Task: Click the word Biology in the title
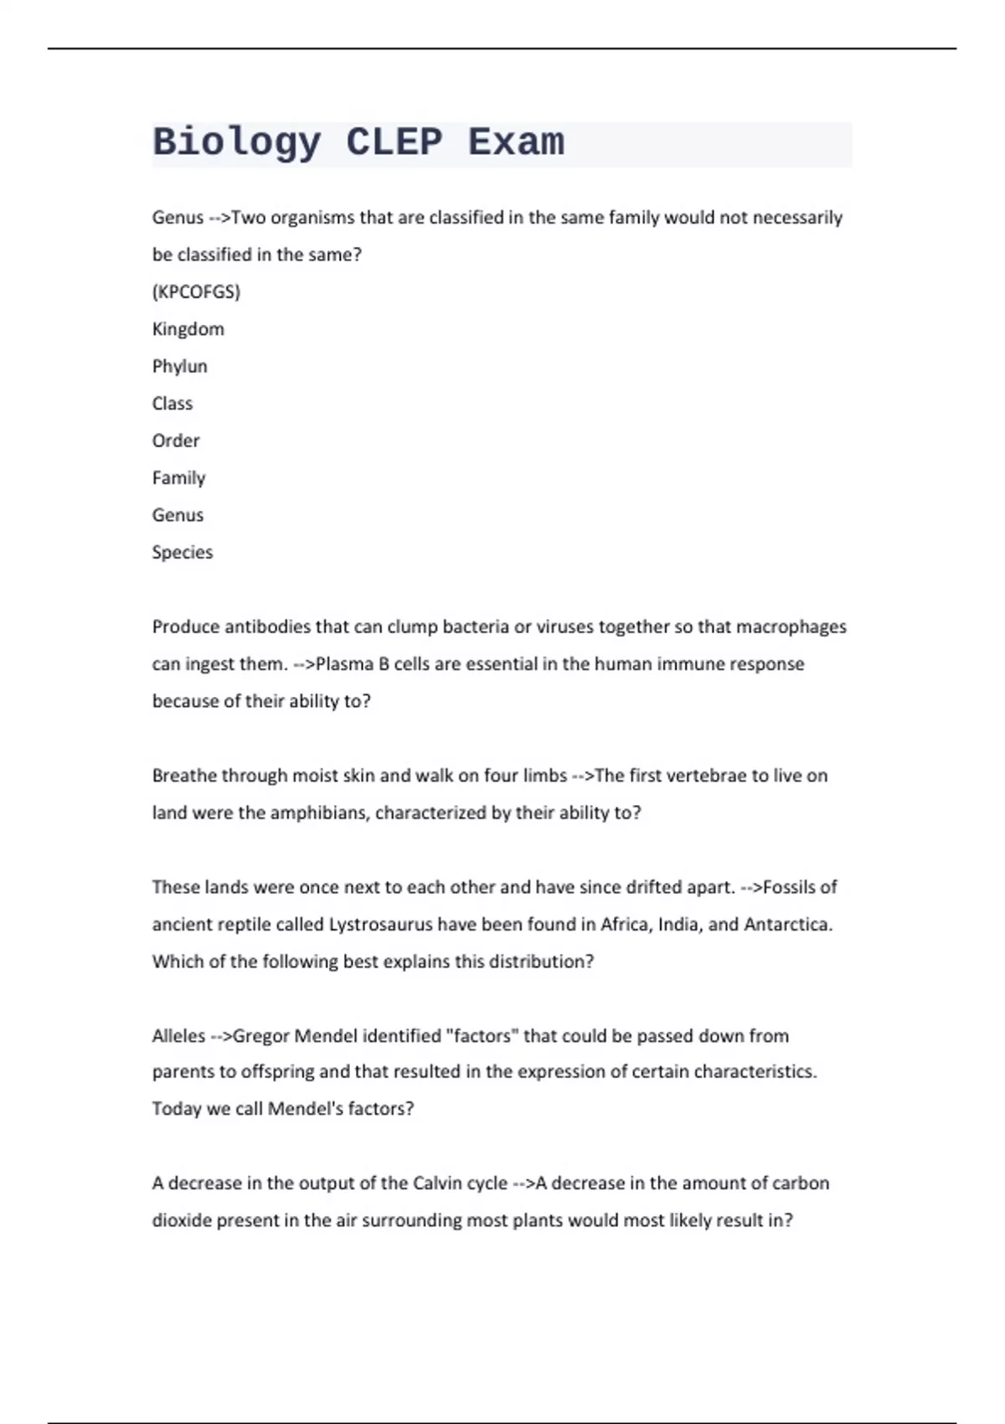(x=236, y=142)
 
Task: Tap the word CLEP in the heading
(x=394, y=142)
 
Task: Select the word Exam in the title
(x=516, y=142)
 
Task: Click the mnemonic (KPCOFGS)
(x=196, y=292)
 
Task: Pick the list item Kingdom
(x=188, y=329)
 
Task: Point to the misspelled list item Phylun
(x=179, y=366)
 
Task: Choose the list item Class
(x=172, y=403)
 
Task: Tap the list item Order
(x=175, y=441)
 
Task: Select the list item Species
(x=182, y=552)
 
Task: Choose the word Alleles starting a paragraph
(x=178, y=1036)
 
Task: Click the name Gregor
(x=260, y=1036)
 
